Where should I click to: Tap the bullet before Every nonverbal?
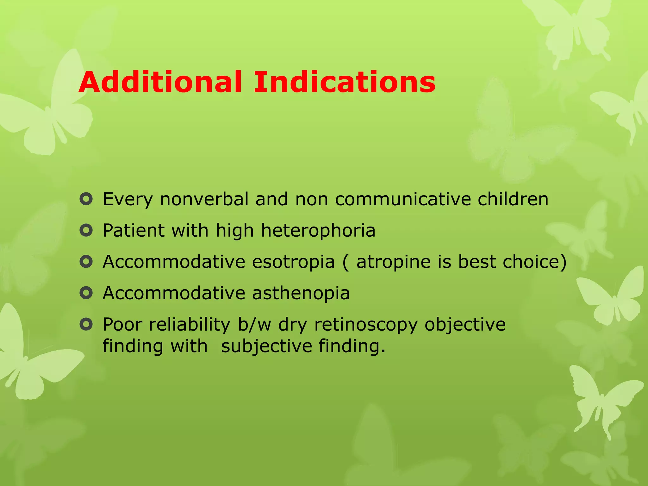click(86, 199)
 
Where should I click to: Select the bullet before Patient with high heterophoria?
click(86, 231)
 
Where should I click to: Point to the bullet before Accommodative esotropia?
click(86, 262)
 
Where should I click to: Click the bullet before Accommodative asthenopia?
click(86, 293)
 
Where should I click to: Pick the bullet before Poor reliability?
click(86, 324)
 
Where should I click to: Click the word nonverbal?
click(204, 199)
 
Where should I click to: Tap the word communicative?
click(403, 199)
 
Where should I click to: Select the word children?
click(513, 199)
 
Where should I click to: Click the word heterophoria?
click(318, 231)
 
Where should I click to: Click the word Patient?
click(133, 231)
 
